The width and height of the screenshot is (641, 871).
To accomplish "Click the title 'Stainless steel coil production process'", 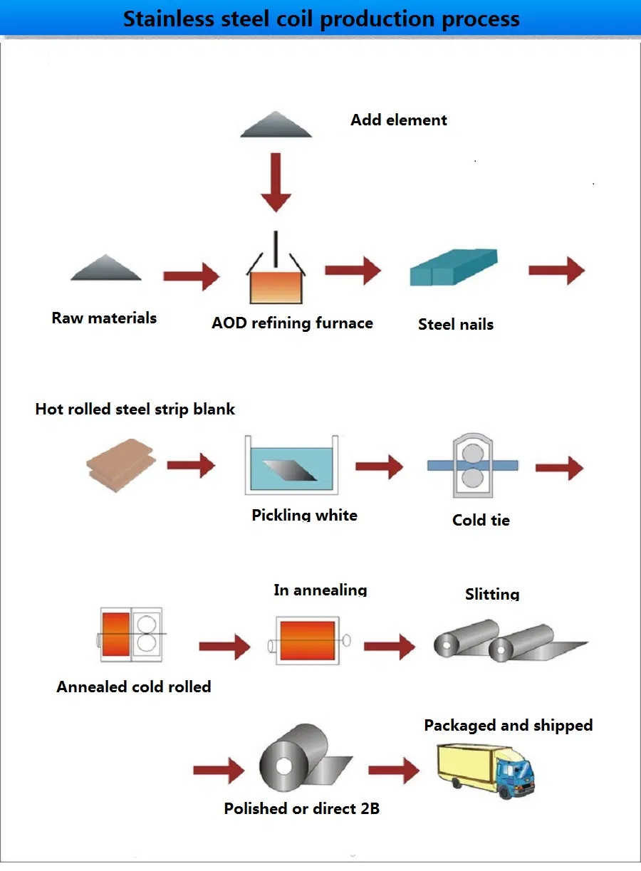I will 321,19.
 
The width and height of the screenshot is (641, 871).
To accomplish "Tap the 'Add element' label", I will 398,120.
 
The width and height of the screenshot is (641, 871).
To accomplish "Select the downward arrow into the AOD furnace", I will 276,182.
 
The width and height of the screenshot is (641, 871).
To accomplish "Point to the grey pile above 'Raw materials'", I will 106,268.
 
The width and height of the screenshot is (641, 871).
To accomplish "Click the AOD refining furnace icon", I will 276,275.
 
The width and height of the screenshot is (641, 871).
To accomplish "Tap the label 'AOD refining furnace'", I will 292,323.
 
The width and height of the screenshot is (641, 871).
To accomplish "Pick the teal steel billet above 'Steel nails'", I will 454,268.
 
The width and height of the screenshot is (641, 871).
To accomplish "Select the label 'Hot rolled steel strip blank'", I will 135,410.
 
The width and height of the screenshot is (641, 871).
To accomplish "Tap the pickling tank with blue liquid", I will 291,467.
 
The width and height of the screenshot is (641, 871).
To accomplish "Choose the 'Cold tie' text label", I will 481,521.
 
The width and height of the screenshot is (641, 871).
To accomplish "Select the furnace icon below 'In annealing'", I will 308,640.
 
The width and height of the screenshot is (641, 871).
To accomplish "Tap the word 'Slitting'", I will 492,594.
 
